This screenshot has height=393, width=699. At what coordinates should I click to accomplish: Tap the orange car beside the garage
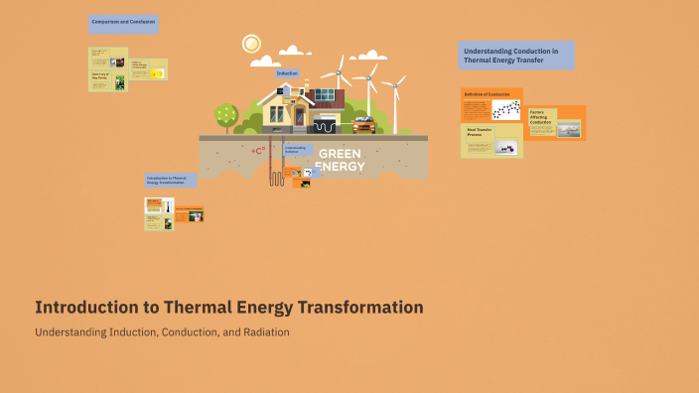(363, 125)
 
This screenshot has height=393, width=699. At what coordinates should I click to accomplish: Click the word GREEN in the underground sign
(340, 154)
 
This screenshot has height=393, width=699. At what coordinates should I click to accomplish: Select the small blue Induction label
(287, 73)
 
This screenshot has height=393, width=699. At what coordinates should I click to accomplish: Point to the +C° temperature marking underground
(257, 151)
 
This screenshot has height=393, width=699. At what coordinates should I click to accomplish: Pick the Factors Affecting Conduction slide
(556, 123)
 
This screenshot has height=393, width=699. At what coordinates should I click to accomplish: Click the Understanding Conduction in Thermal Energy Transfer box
(516, 56)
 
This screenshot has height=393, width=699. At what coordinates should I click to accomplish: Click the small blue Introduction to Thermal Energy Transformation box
(170, 181)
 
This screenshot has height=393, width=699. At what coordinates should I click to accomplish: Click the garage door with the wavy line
(325, 125)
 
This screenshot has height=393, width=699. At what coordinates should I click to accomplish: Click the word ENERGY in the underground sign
(340, 166)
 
